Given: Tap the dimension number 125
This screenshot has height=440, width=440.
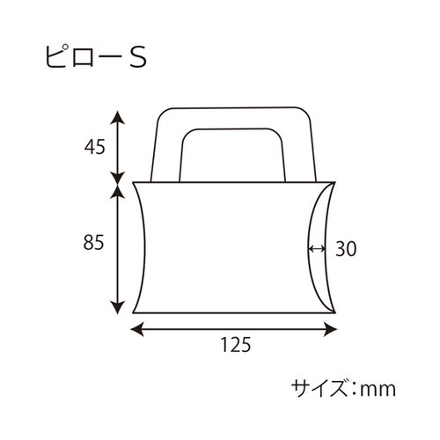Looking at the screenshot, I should pyautogui.click(x=233, y=346).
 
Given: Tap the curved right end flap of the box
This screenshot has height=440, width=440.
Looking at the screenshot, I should pyautogui.click(x=324, y=249).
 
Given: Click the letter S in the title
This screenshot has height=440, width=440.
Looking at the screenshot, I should pyautogui.click(x=137, y=57).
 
